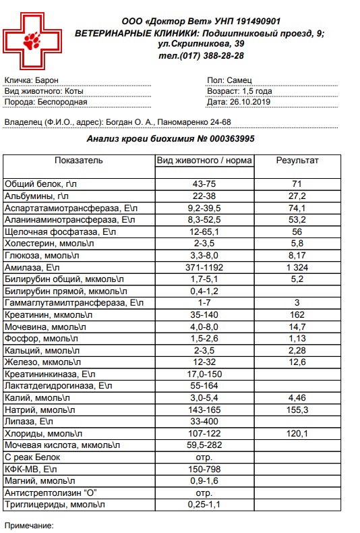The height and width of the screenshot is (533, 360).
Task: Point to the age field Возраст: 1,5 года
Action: point(240,91)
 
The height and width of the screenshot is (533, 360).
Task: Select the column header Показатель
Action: point(78,161)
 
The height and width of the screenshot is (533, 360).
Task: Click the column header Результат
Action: point(297,161)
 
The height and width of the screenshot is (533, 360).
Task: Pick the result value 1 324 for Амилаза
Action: point(297,268)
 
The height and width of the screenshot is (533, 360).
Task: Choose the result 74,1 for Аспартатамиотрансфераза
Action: point(297,208)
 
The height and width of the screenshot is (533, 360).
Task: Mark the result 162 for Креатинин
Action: point(297,315)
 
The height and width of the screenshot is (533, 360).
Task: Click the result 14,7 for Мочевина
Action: point(297,327)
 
